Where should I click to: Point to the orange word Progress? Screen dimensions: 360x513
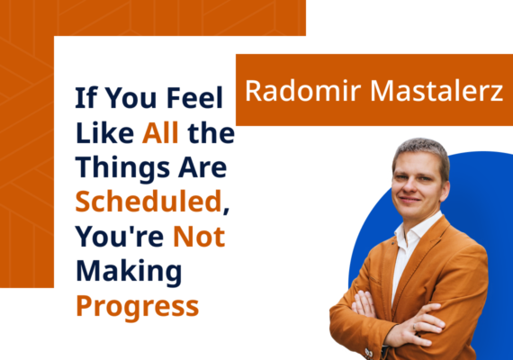pyautogui.click(x=138, y=304)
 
